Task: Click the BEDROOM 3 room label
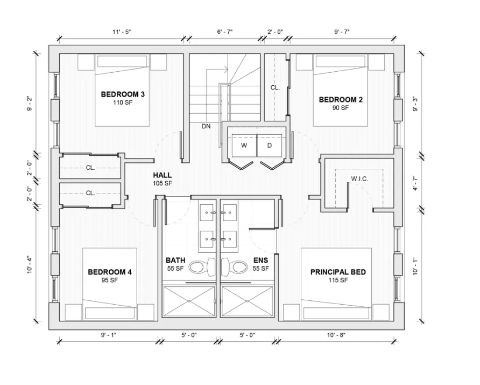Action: click(x=123, y=94)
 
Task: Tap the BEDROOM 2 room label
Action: click(x=341, y=99)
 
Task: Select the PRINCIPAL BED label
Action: click(x=338, y=272)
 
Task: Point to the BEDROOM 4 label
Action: click(x=110, y=272)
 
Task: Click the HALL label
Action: click(x=163, y=175)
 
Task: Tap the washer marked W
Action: click(x=244, y=146)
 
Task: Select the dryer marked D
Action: click(x=270, y=146)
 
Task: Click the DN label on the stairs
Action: click(x=206, y=126)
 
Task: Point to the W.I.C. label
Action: click(x=359, y=179)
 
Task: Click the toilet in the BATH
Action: click(x=202, y=266)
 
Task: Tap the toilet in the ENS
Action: click(x=234, y=266)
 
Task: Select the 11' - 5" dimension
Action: click(x=122, y=32)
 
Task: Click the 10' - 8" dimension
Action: click(x=336, y=335)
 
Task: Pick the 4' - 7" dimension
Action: click(x=415, y=183)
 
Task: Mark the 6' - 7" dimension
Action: click(x=225, y=32)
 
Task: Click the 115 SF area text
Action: click(x=338, y=280)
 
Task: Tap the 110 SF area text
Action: click(x=123, y=102)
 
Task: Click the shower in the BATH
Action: click(x=189, y=301)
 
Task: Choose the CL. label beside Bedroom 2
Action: click(x=275, y=87)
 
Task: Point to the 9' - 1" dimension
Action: click(x=109, y=335)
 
